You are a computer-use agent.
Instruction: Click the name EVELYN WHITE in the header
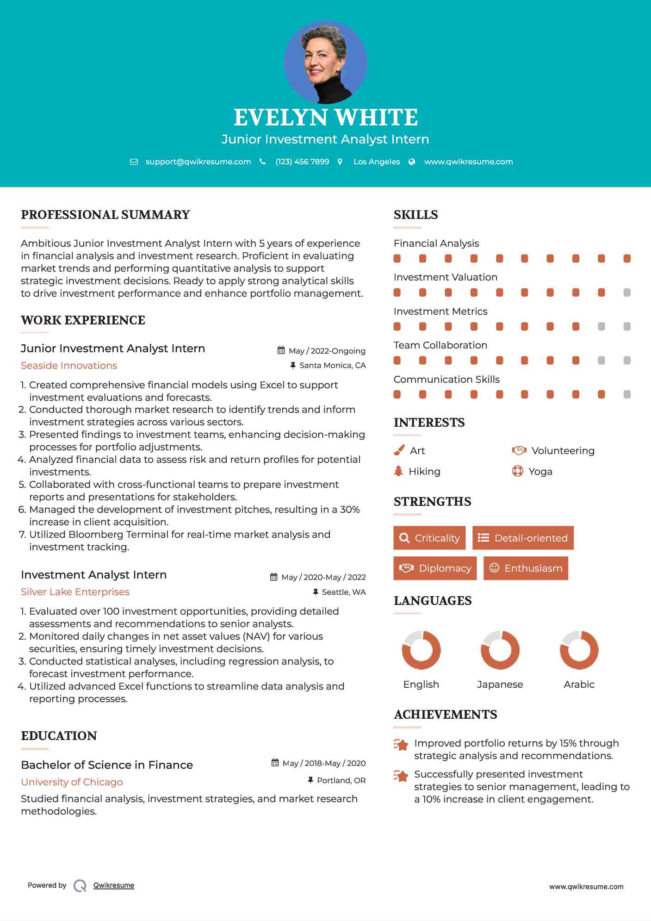pos(325,118)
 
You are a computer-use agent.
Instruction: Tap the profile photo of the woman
pos(325,62)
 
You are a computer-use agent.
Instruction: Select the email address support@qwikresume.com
pos(198,162)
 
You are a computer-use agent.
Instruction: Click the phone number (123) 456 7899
pos(302,162)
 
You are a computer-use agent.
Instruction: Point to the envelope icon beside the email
pos(134,162)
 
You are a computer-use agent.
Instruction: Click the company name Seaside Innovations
pos(69,366)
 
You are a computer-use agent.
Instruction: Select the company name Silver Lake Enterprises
pos(75,592)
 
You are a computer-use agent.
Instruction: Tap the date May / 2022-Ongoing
pos(327,351)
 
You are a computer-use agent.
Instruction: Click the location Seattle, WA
pos(343,592)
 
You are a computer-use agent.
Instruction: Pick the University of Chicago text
pos(72,782)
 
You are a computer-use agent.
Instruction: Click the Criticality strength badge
pos(429,538)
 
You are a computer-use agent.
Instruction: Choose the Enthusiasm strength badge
pos(526,568)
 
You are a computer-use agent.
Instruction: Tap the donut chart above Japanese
pos(500,650)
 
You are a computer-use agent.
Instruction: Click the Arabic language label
pos(579,685)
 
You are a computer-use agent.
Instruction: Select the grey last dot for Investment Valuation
pos(627,292)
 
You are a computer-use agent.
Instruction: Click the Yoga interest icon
pos(517,471)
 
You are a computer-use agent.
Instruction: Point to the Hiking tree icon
pos(398,471)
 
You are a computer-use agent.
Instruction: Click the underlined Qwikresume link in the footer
pos(113,885)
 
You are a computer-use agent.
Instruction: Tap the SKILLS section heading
pos(415,215)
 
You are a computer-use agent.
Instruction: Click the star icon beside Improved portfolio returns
pos(401,745)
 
